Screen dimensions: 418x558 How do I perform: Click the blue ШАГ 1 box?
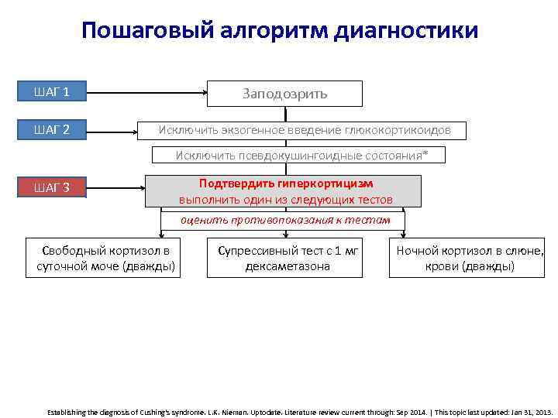tap(52, 92)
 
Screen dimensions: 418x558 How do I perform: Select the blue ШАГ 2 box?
tap(52, 129)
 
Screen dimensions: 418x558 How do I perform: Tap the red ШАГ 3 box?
tap(52, 187)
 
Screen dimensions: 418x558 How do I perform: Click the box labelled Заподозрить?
tap(284, 94)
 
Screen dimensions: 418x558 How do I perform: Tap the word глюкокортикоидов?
tap(399, 130)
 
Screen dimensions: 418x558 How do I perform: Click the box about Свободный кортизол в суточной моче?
tap(103, 259)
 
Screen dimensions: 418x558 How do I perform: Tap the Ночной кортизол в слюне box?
tap(470, 259)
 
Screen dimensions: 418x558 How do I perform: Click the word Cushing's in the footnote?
tap(135, 413)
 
